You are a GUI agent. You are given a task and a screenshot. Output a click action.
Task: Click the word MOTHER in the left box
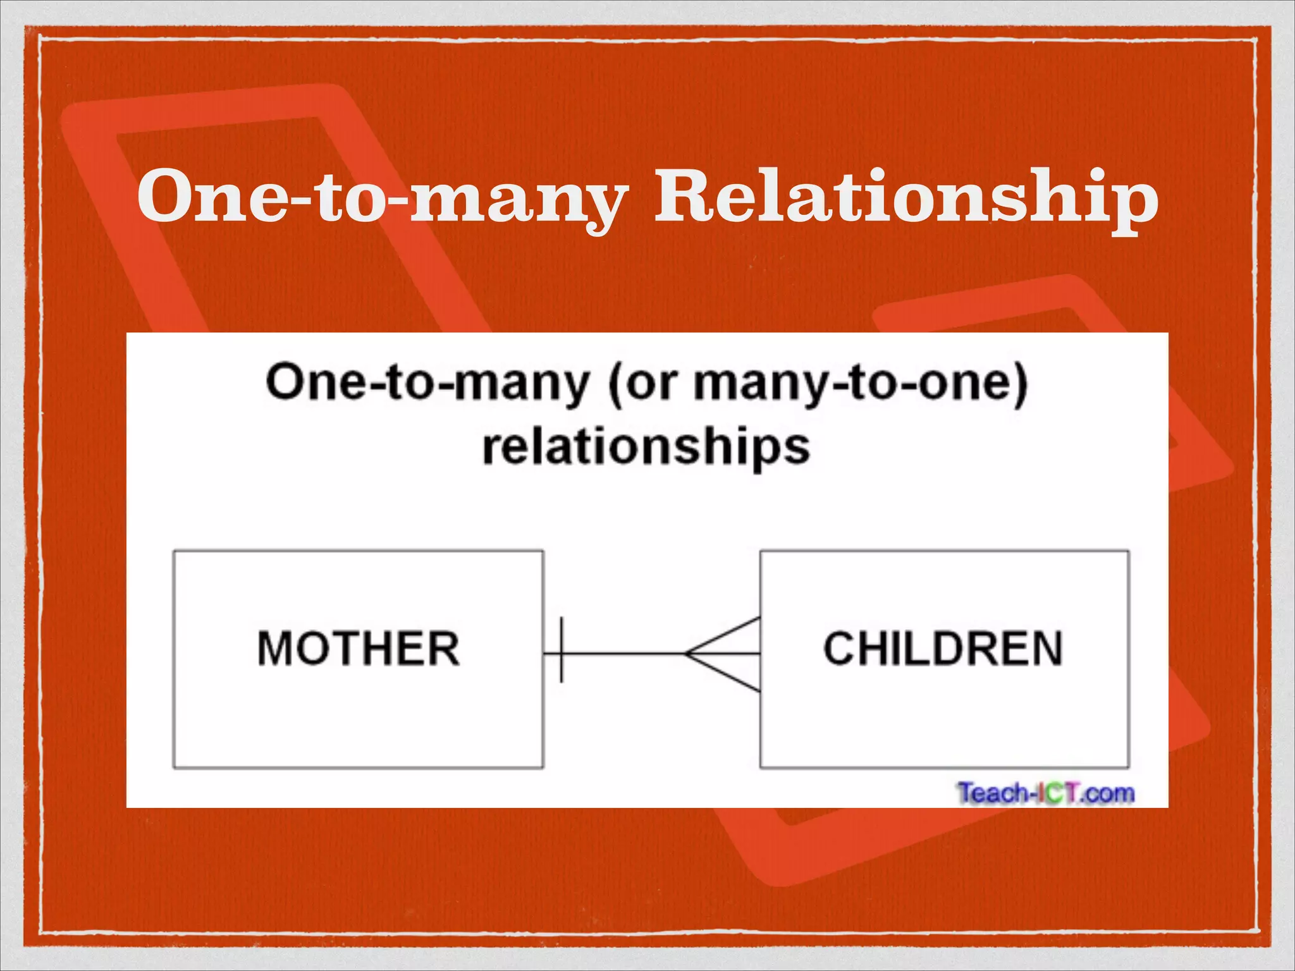359,649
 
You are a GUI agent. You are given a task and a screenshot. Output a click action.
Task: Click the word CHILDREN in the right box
943,649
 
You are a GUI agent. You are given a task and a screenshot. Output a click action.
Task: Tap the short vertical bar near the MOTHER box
562,650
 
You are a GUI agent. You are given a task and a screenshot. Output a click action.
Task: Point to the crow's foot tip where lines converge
687,654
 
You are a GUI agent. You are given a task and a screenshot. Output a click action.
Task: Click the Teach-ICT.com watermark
1046,793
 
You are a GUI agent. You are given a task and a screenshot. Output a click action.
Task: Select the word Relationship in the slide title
905,197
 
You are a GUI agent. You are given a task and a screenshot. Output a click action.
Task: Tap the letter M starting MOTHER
273,649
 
